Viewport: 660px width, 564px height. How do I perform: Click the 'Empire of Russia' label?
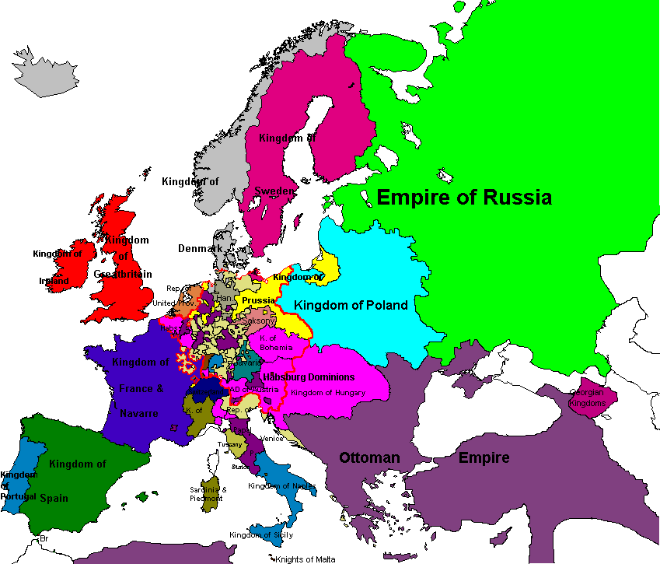tap(464, 198)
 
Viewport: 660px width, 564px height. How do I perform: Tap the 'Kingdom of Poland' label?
tap(351, 305)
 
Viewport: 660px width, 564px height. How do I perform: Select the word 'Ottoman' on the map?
tap(369, 457)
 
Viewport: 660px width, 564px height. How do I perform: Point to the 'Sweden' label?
tap(274, 191)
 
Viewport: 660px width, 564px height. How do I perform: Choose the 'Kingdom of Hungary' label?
tap(328, 393)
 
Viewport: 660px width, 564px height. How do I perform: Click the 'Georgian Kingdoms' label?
tap(587, 398)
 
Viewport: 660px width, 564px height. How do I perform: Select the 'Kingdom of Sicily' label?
tap(261, 534)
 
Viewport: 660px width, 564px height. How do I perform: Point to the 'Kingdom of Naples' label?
tap(281, 486)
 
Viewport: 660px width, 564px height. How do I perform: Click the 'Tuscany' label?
tap(230, 444)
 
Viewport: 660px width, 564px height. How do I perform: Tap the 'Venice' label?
tap(272, 438)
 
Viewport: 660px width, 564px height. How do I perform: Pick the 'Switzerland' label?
tap(207, 392)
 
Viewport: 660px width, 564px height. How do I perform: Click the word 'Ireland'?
tap(54, 281)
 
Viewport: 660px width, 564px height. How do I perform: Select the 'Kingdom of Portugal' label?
tap(17, 485)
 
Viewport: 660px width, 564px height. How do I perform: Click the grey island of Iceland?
tap(41, 72)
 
